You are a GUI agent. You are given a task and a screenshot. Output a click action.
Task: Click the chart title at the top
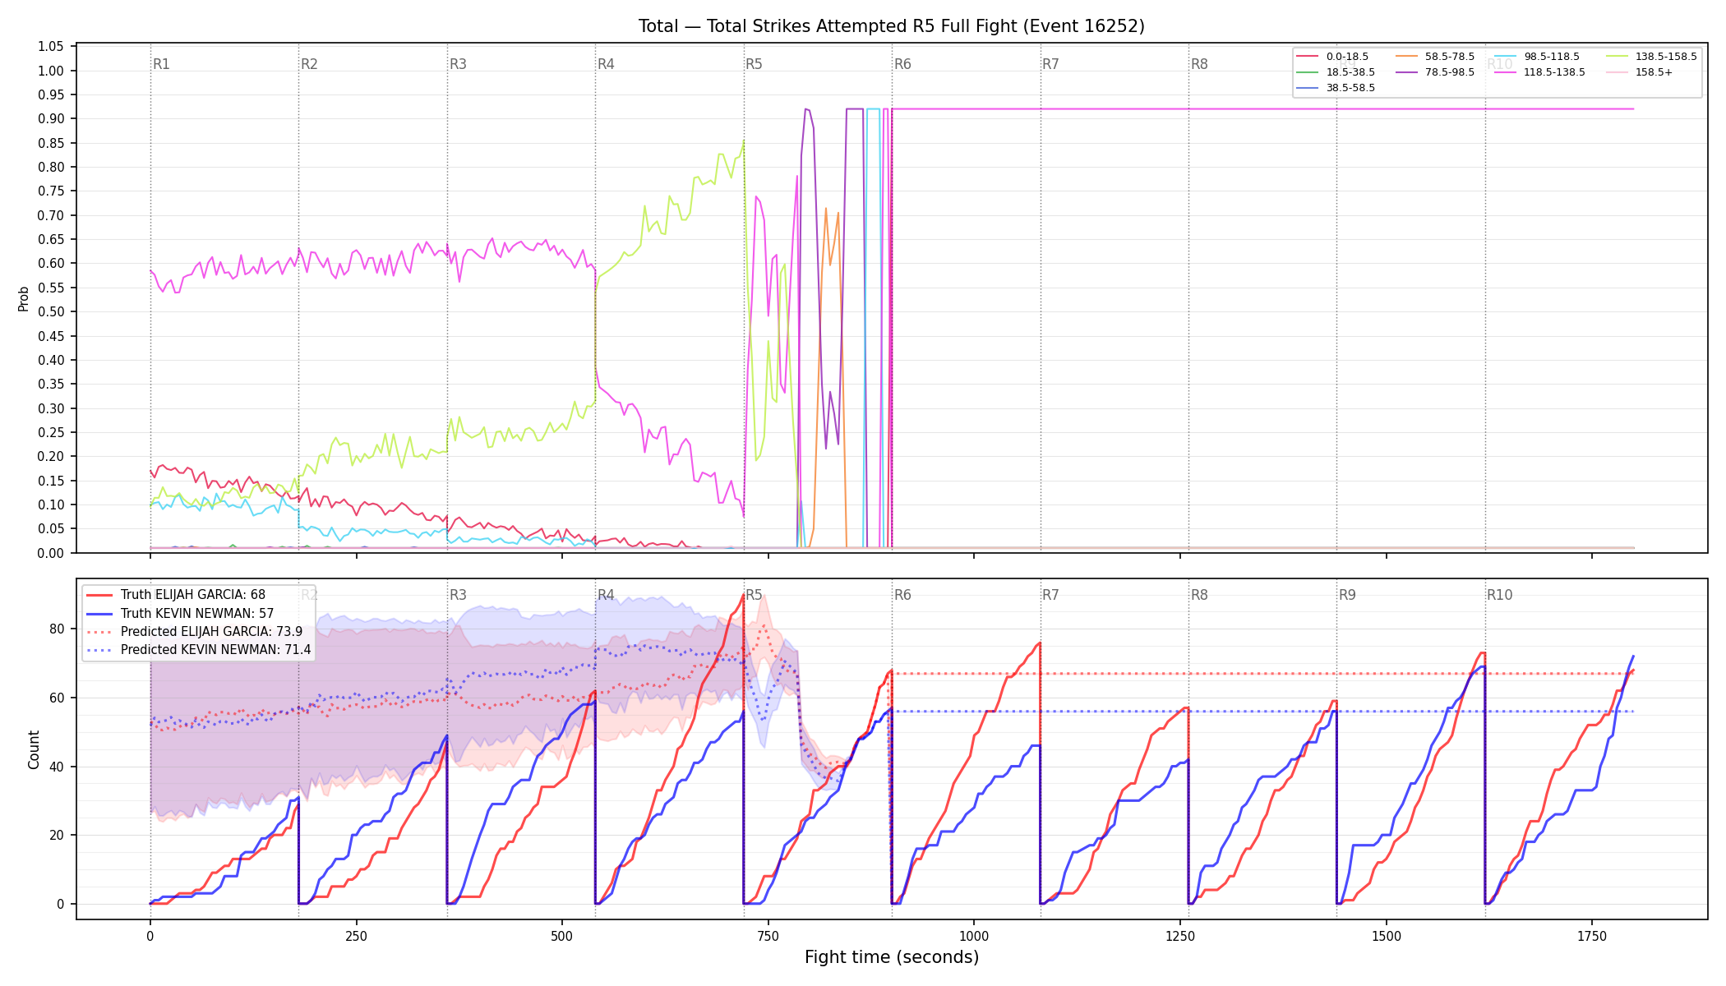coord(892,26)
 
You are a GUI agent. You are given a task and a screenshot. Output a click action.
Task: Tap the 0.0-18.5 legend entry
coord(1331,57)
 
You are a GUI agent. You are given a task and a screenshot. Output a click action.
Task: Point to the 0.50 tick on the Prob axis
coord(51,311)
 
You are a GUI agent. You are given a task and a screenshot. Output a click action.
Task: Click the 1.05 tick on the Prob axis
coord(51,46)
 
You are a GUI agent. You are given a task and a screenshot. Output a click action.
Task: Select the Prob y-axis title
coord(24,298)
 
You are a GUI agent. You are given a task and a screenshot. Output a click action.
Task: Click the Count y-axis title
coord(34,749)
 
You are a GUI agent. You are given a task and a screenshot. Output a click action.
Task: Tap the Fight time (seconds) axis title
coord(892,957)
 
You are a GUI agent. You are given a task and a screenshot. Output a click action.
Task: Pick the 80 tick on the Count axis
coord(58,629)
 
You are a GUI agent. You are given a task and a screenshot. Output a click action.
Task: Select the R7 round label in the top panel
coord(1050,64)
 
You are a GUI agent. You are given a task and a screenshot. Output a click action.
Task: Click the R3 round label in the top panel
coord(458,64)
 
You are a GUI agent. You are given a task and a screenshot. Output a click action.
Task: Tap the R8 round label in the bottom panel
coord(1199,595)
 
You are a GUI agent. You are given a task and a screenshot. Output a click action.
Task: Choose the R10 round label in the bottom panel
coord(1499,595)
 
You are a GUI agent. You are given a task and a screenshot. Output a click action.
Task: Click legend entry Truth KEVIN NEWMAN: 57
coord(197,613)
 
